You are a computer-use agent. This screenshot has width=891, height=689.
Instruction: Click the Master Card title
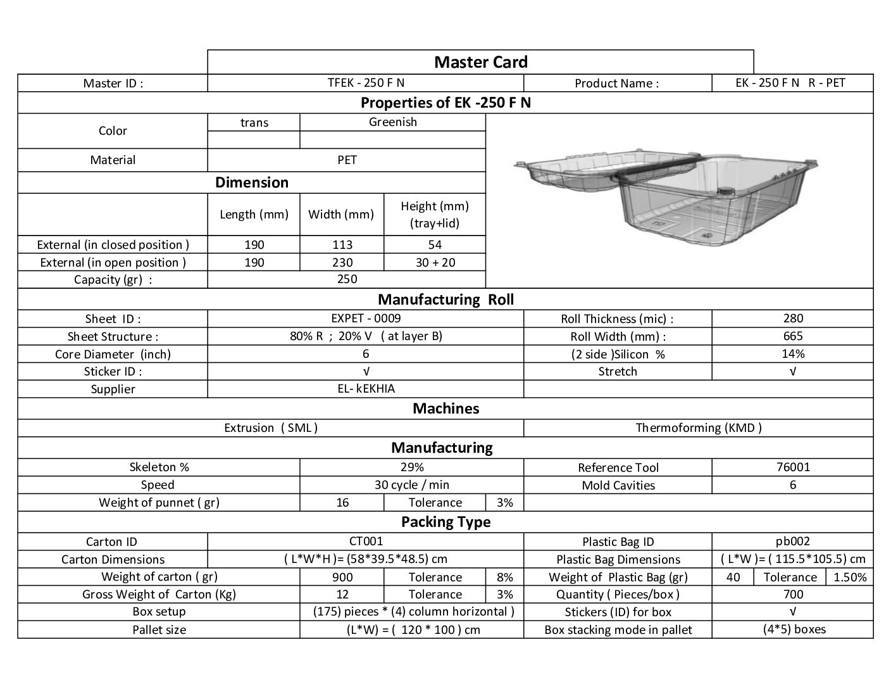pyautogui.click(x=480, y=62)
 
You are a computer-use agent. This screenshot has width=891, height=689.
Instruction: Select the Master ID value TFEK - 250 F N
pyautogui.click(x=366, y=82)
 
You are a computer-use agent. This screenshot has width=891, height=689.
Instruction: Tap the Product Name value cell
pyautogui.click(x=792, y=82)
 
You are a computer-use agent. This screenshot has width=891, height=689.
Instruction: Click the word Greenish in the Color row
pyautogui.click(x=392, y=122)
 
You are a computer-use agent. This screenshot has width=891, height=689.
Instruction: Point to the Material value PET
pyautogui.click(x=347, y=160)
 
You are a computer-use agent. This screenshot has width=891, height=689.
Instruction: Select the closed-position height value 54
pyautogui.click(x=435, y=244)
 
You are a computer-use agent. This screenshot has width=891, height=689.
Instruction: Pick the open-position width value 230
pyautogui.click(x=342, y=262)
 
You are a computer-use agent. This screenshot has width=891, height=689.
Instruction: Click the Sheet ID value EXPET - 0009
pyautogui.click(x=366, y=318)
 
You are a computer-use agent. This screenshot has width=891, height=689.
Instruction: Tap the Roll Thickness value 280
pyautogui.click(x=792, y=318)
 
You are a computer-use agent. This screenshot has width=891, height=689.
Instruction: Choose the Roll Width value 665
pyautogui.click(x=792, y=336)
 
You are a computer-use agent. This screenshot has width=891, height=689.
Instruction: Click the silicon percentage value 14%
pyautogui.click(x=792, y=353)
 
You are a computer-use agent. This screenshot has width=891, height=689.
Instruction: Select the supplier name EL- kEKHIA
pyautogui.click(x=366, y=388)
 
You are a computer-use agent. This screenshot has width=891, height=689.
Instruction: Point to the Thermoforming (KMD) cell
pyautogui.click(x=698, y=427)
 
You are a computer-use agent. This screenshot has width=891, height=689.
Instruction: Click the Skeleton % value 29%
pyautogui.click(x=411, y=467)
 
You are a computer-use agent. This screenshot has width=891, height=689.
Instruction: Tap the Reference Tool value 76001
pyautogui.click(x=792, y=467)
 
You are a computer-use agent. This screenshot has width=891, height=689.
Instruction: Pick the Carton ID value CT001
pyautogui.click(x=366, y=541)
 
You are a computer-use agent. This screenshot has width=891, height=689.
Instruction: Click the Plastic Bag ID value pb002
pyautogui.click(x=792, y=541)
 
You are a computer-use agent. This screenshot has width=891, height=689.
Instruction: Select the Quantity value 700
pyautogui.click(x=792, y=594)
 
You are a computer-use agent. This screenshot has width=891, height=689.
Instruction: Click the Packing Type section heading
pyautogui.click(x=445, y=522)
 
